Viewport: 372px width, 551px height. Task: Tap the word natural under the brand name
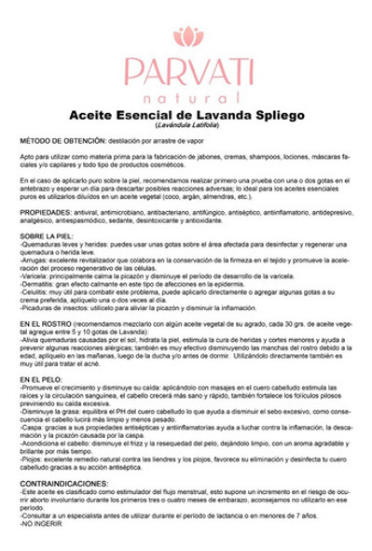point(186,97)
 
